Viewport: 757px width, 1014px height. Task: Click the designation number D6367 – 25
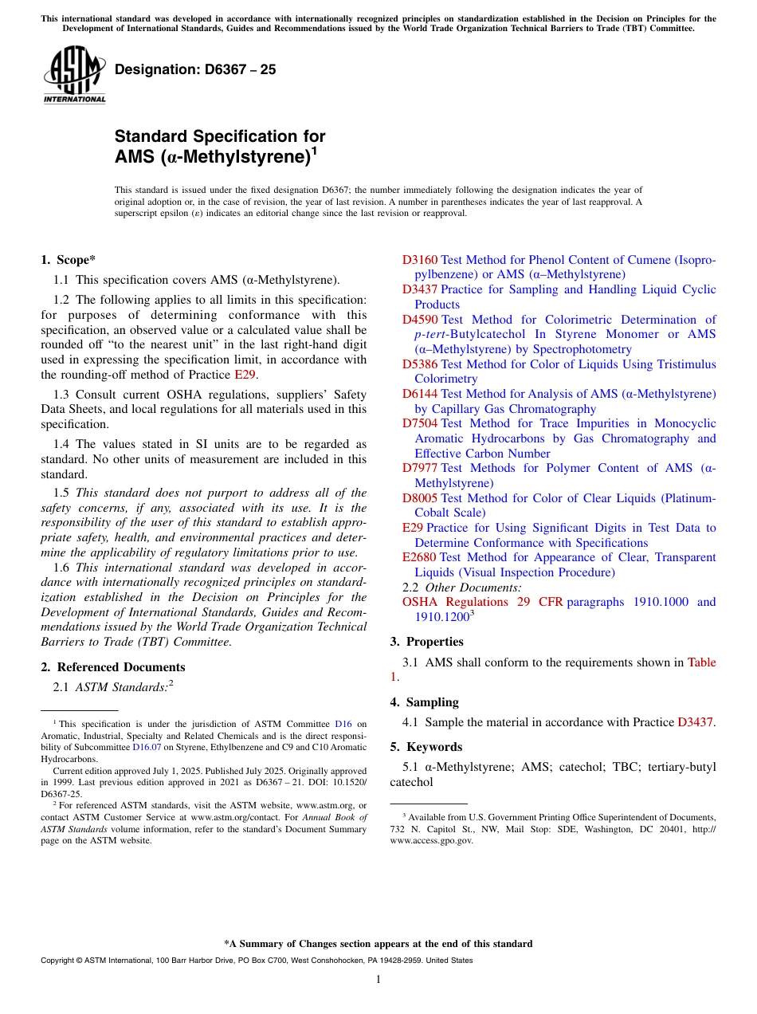tap(195, 69)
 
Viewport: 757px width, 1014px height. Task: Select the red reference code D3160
tap(420, 260)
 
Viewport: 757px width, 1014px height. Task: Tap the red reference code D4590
tap(420, 320)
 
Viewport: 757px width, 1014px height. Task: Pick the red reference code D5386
tap(420, 364)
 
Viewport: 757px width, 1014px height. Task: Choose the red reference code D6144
tap(420, 394)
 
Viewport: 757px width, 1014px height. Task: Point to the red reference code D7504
tap(420, 423)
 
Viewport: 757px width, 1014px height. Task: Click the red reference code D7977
tap(420, 468)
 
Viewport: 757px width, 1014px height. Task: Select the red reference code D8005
tap(420, 498)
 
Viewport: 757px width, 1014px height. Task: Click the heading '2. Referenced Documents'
tap(112, 667)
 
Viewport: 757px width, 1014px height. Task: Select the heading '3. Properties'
tap(426, 642)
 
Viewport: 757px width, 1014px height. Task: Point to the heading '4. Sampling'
tap(424, 702)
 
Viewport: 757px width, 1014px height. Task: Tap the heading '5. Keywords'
tap(426, 747)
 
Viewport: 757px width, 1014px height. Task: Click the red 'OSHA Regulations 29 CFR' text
tap(483, 602)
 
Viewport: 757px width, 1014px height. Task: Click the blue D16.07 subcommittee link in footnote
tap(147, 747)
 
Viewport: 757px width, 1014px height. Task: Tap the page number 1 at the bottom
tap(378, 979)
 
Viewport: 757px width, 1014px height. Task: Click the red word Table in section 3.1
tap(701, 662)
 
